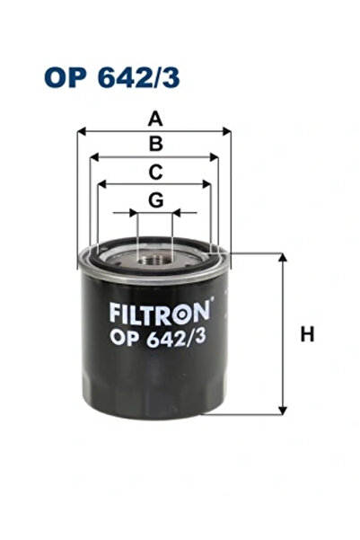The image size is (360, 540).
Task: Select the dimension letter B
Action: (155, 144)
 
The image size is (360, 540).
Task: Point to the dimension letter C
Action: (155, 171)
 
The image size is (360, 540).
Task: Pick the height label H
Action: (307, 335)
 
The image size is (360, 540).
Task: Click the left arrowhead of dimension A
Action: (81, 131)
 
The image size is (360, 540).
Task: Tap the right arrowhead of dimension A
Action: (228, 131)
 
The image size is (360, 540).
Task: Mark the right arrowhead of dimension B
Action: (215, 157)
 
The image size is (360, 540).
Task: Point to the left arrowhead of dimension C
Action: (101, 184)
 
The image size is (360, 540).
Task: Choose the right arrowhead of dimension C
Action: (208, 184)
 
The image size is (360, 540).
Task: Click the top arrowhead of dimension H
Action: (284, 257)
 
